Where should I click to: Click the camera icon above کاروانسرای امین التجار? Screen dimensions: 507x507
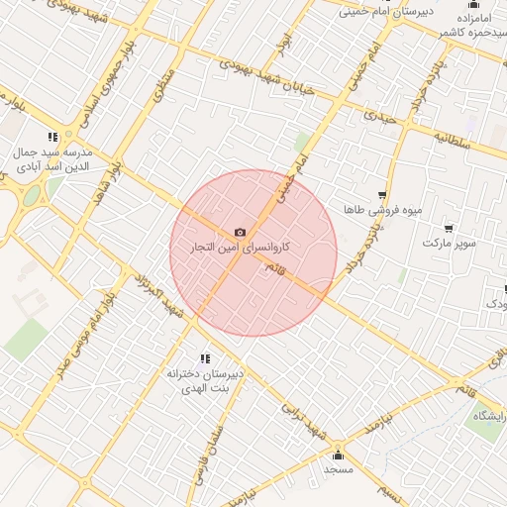point(240,232)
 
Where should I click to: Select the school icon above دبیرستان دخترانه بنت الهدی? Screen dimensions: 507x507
point(205,358)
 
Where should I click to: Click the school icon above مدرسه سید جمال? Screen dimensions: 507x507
point(52,138)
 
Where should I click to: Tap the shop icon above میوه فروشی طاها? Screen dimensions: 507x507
point(382,196)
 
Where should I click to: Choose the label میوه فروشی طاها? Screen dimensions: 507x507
point(382,211)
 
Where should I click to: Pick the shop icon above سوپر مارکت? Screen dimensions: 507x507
point(449,228)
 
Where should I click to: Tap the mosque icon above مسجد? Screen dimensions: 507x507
point(339,456)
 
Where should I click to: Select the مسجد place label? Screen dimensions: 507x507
point(339,469)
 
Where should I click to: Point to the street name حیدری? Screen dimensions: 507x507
point(379,115)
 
